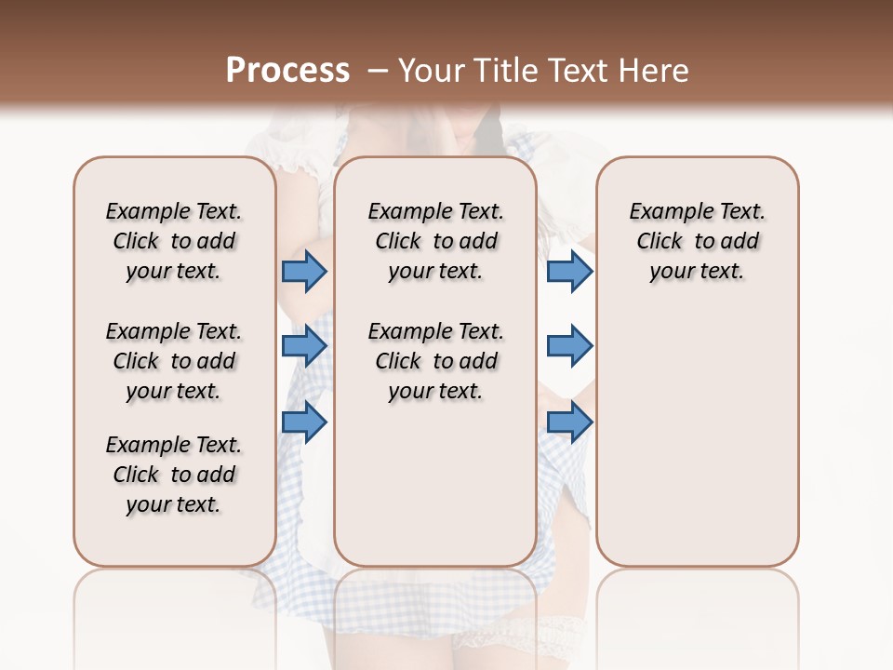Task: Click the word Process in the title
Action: pyautogui.click(x=287, y=71)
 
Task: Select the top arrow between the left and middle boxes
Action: pyautogui.click(x=304, y=271)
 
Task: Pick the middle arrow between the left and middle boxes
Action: pyautogui.click(x=304, y=346)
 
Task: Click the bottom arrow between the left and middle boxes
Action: pyautogui.click(x=304, y=422)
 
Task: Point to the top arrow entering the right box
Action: pyautogui.click(x=569, y=271)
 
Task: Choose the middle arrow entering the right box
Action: pyautogui.click(x=569, y=346)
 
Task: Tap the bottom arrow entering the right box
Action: pyautogui.click(x=569, y=422)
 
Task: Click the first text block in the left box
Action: pyautogui.click(x=174, y=241)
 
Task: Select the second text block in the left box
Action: pyautogui.click(x=174, y=361)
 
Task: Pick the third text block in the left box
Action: pyautogui.click(x=174, y=475)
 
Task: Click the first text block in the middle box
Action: pyautogui.click(x=435, y=241)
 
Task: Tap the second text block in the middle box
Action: pyautogui.click(x=435, y=361)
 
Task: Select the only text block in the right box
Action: pyautogui.click(x=698, y=241)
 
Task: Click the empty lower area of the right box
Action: pyautogui.click(x=698, y=437)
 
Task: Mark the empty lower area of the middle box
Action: pyautogui.click(x=435, y=484)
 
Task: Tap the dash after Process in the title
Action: pyautogui.click(x=377, y=71)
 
